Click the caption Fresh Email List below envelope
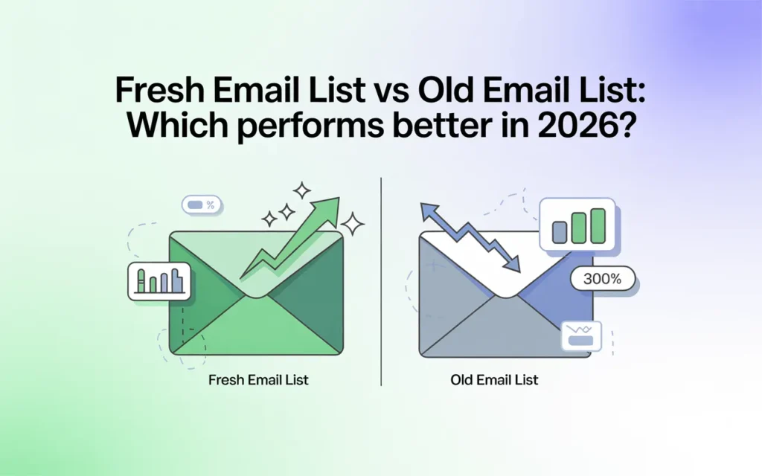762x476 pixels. (258, 380)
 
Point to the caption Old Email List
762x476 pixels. (494, 380)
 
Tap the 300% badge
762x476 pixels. (601, 280)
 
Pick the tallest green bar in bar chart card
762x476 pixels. (596, 226)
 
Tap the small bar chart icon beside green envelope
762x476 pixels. (159, 280)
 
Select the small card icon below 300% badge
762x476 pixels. (579, 335)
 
